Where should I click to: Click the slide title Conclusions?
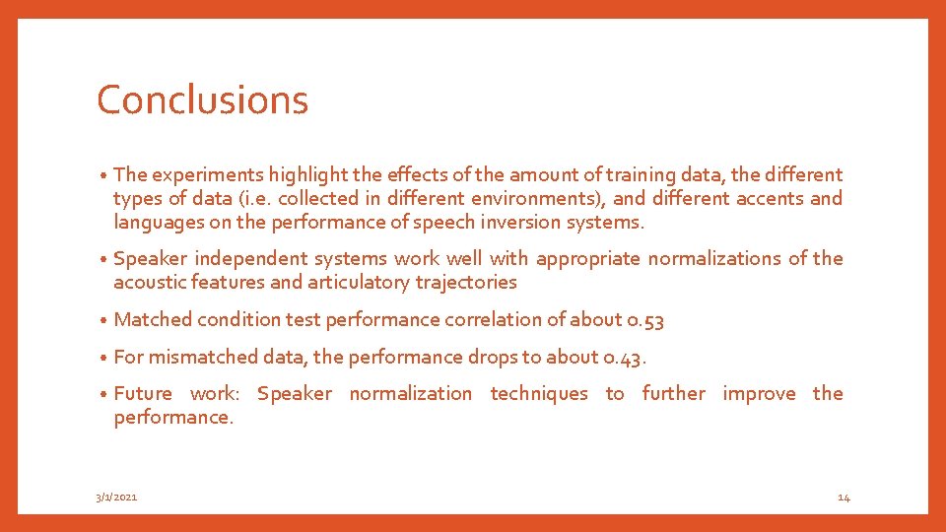(202, 100)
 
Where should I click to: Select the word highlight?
(294, 175)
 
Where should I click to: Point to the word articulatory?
(365, 283)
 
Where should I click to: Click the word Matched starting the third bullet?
(153, 320)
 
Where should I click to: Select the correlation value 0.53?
(646, 320)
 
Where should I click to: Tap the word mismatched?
(203, 358)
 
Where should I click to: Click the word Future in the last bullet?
(143, 394)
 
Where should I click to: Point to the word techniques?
(538, 394)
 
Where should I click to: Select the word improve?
(759, 394)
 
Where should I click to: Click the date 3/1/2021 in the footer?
(116, 498)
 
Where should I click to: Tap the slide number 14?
(844, 498)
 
